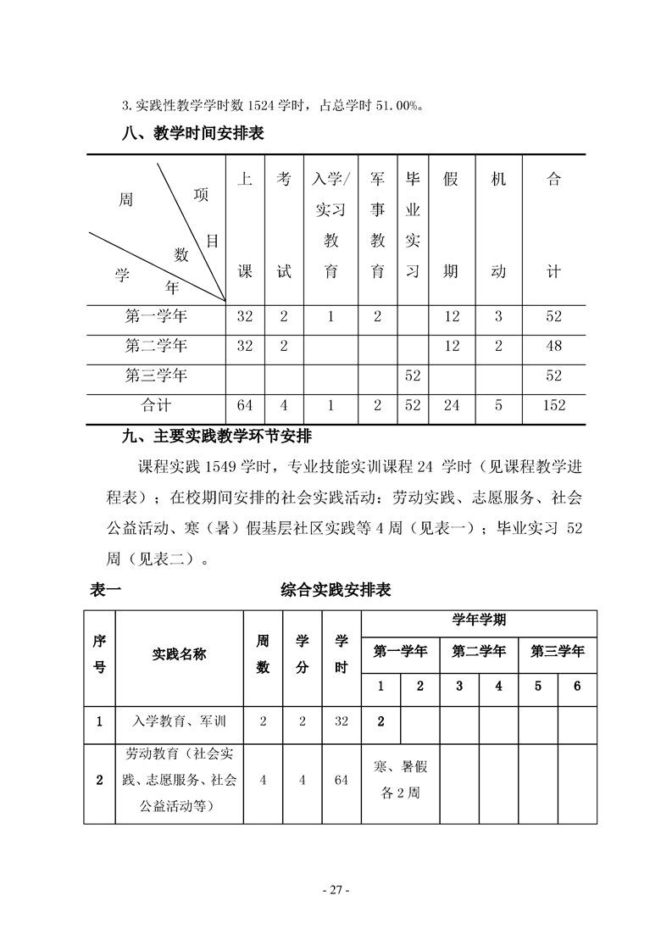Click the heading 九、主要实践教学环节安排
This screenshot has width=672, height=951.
tap(218, 437)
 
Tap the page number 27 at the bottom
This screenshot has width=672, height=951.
tap(336, 890)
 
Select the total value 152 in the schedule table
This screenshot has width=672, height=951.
tap(553, 405)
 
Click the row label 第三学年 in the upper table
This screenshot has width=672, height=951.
tap(156, 374)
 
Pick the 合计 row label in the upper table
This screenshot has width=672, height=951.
tap(156, 405)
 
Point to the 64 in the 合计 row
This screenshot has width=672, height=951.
tap(245, 405)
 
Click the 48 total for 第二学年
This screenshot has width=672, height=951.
tap(553, 346)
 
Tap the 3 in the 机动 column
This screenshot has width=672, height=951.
tap(498, 316)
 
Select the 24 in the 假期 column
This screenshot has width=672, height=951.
tap(452, 405)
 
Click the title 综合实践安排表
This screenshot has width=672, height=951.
tap(336, 591)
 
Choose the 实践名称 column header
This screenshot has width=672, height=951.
tap(179, 654)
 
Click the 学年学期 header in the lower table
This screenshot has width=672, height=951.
tap(479, 620)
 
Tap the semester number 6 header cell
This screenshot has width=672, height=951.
tap(577, 687)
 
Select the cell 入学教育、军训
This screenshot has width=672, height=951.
tap(179, 722)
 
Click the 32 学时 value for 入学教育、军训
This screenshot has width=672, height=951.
tap(342, 722)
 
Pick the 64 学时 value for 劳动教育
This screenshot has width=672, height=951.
tap(342, 781)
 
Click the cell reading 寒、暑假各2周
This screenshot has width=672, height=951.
tap(400, 781)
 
